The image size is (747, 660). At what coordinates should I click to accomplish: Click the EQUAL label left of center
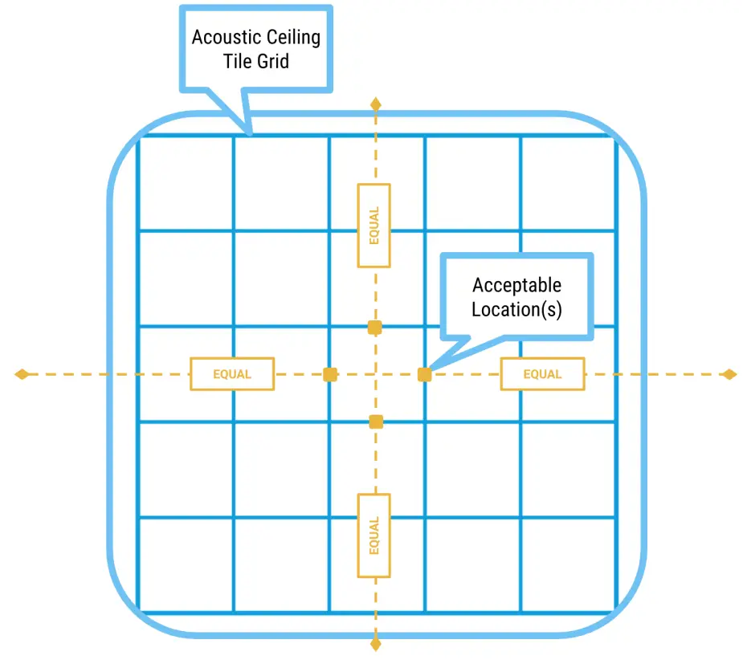(x=232, y=374)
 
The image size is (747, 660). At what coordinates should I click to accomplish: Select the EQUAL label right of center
(x=542, y=374)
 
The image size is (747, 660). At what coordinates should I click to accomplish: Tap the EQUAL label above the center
(x=374, y=226)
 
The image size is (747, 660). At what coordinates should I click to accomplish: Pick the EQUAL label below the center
(x=374, y=536)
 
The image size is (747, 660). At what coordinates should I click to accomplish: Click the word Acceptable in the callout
(x=516, y=286)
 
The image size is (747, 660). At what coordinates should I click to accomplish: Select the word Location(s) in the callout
(x=516, y=310)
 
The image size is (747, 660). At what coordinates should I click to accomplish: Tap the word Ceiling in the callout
(x=292, y=38)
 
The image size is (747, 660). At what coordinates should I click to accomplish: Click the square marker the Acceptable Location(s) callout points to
(x=425, y=374)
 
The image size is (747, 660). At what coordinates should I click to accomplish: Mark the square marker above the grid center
(x=374, y=327)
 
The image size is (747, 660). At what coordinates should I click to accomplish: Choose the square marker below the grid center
(x=375, y=422)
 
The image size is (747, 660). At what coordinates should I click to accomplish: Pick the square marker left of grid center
(x=329, y=374)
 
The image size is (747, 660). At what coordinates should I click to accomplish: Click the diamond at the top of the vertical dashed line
(x=374, y=104)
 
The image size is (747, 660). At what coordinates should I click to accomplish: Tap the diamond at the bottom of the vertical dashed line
(x=374, y=643)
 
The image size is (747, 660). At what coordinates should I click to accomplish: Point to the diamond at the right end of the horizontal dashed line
(x=729, y=374)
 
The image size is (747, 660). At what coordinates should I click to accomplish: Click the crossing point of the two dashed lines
(x=374, y=374)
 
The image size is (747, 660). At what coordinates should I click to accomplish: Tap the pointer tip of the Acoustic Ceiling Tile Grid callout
(x=249, y=133)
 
